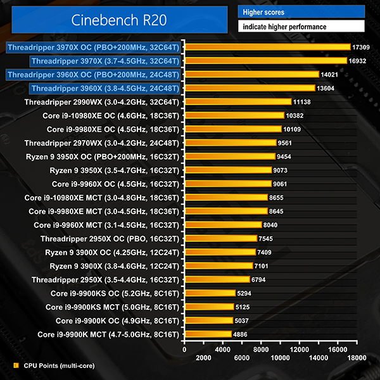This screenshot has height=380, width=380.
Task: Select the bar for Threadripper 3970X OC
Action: point(267,47)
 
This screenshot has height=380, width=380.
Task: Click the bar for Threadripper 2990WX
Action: point(237,102)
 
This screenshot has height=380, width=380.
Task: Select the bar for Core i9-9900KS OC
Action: point(209,293)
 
